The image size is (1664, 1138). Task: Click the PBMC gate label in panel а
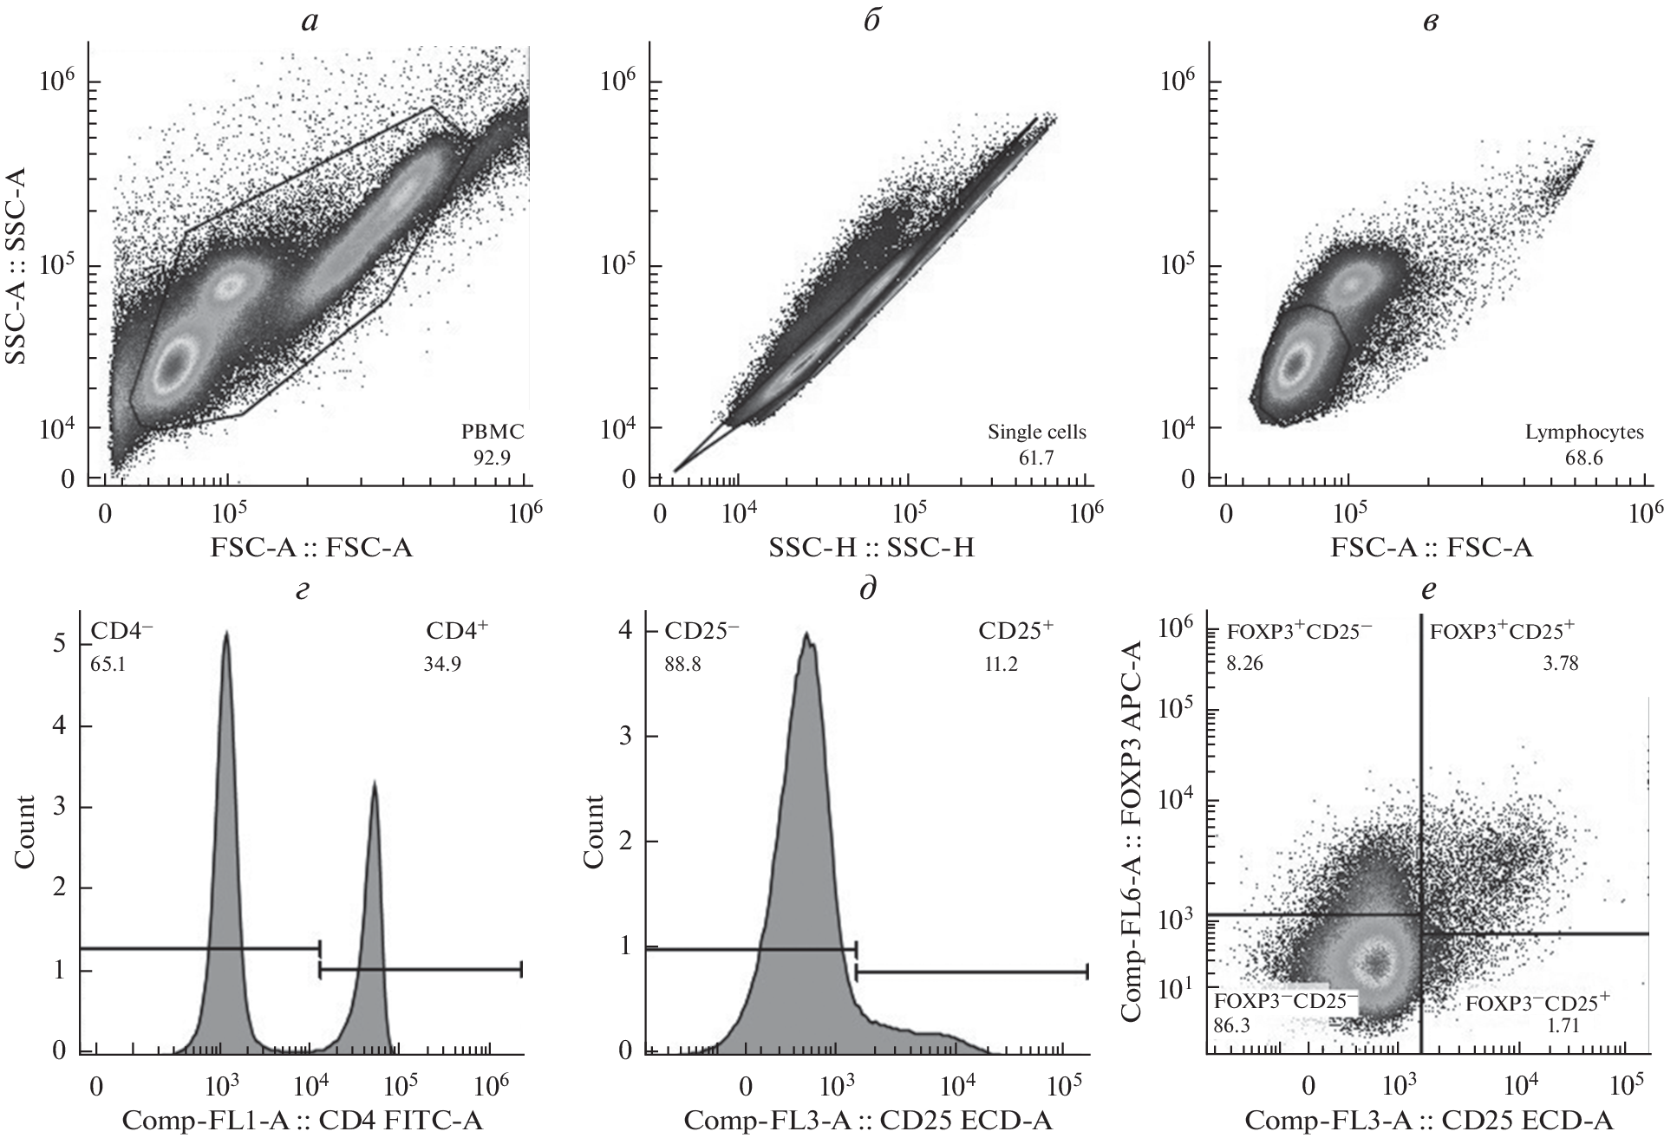[x=492, y=431]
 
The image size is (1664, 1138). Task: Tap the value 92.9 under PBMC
[x=492, y=458]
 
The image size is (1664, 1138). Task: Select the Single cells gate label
[x=1036, y=432]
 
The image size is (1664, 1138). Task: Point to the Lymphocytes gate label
[x=1584, y=432]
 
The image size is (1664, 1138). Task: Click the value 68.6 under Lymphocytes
[x=1584, y=458]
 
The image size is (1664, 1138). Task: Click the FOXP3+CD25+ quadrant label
[x=1503, y=630]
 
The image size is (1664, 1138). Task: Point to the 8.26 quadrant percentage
[x=1246, y=664]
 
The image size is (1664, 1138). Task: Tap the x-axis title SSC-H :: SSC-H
[x=870, y=548]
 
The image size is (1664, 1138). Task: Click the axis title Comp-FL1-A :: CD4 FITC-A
[x=303, y=1120]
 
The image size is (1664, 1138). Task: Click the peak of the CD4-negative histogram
[x=226, y=634]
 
